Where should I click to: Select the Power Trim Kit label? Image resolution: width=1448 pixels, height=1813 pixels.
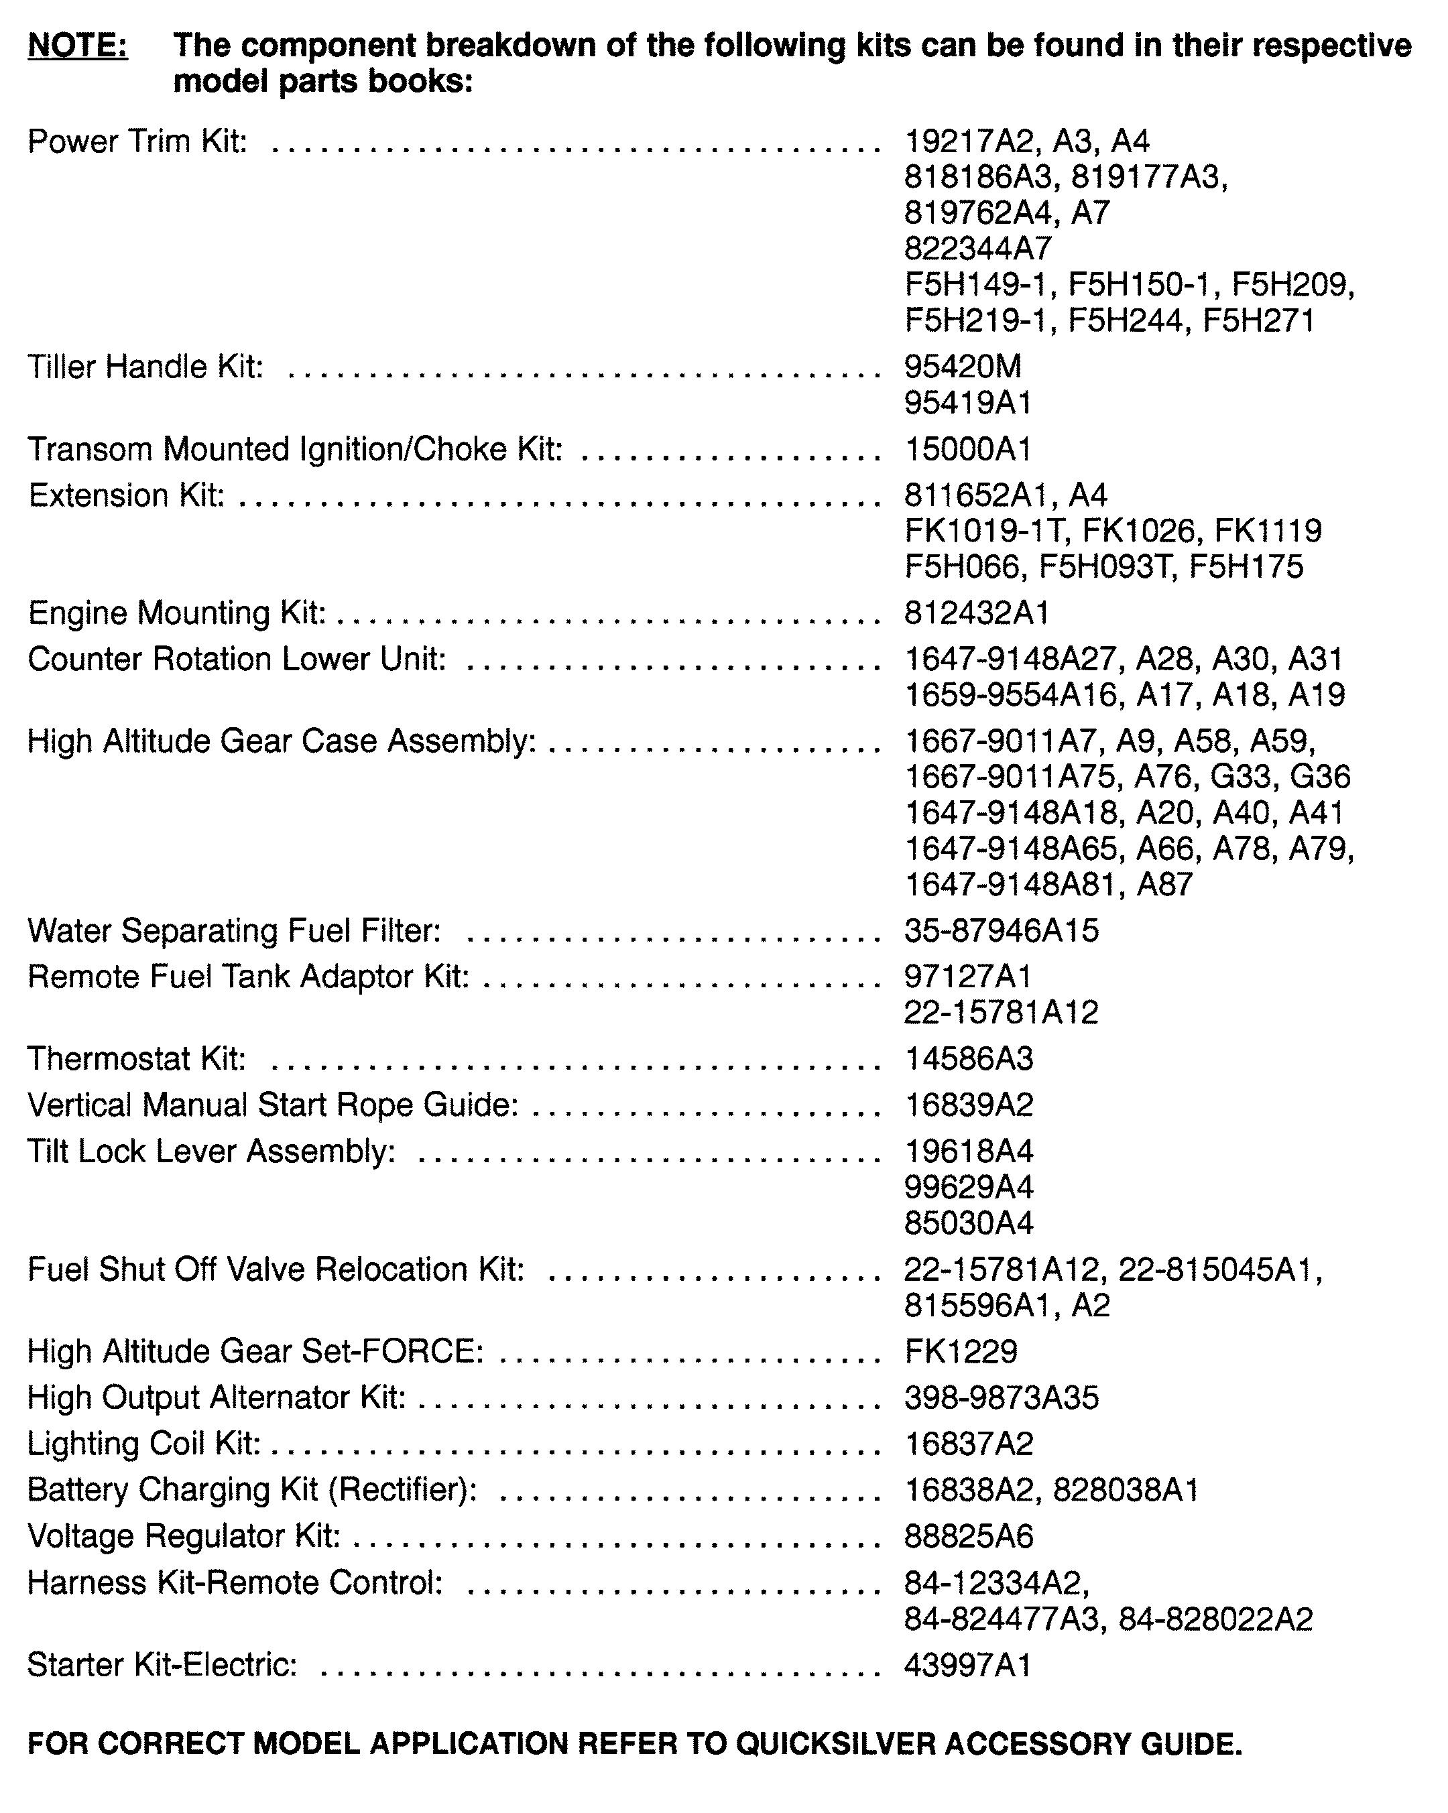137,141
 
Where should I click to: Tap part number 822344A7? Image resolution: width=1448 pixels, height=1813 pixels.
978,249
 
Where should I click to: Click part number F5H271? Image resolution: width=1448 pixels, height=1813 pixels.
1258,320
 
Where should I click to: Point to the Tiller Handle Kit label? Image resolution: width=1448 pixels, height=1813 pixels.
145,367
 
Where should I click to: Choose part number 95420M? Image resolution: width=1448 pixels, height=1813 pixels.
963,367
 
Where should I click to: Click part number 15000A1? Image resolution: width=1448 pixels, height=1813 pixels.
968,449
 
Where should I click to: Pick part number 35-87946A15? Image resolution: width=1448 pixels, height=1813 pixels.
1002,931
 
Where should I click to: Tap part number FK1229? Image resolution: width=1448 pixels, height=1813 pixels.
960,1351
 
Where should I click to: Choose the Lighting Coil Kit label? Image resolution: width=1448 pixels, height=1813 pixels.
143,1443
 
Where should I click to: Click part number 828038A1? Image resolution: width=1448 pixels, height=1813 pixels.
1125,1489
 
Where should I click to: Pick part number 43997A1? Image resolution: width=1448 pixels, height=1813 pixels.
968,1665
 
